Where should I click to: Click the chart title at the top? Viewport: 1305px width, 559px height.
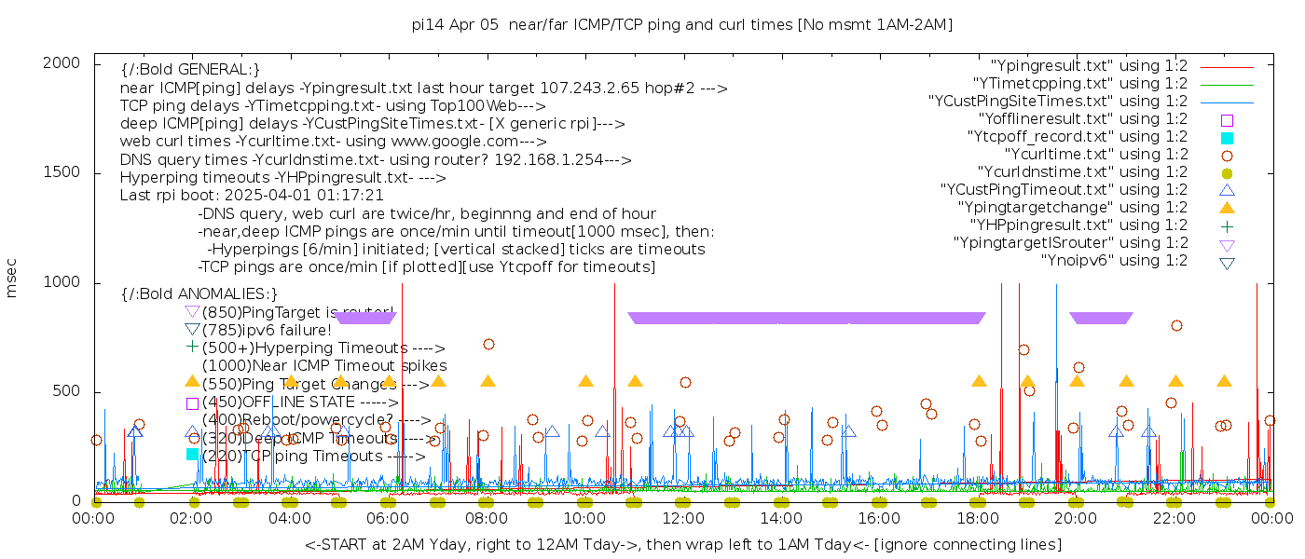tap(682, 25)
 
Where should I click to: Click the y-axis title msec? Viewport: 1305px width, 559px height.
tap(12, 279)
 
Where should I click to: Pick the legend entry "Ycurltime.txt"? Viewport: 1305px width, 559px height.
tap(1095, 155)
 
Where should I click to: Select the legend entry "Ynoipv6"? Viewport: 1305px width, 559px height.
tap(1114, 261)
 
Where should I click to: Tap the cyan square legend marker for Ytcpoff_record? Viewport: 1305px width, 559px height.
tap(1227, 138)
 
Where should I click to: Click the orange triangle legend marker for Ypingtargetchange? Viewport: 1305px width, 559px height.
tap(1227, 208)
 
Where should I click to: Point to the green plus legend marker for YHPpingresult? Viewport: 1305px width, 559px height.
tap(1227, 225)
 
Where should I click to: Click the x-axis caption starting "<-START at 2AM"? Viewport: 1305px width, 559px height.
tap(682, 544)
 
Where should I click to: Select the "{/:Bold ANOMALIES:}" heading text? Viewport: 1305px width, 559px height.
tap(199, 294)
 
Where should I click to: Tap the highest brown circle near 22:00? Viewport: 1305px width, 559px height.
tap(1176, 325)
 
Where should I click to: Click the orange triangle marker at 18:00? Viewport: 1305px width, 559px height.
tap(979, 381)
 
